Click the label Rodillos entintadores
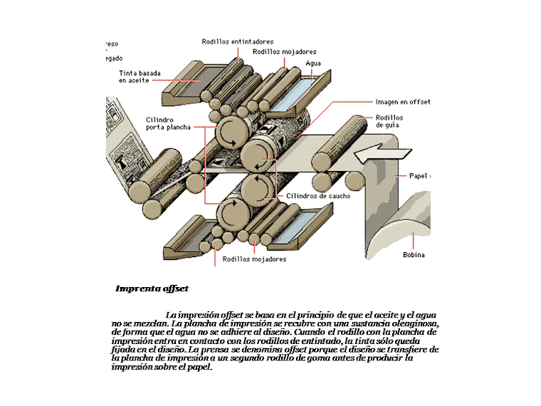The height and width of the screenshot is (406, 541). (237, 42)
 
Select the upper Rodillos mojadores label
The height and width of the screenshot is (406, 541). (284, 52)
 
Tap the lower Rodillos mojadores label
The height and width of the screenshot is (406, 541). (254, 259)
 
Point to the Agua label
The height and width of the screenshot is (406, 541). (312, 63)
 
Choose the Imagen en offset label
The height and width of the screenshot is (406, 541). (402, 102)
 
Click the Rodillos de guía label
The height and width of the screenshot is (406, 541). (389, 121)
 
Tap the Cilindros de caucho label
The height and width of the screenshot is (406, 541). (318, 196)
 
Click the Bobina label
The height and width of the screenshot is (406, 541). (414, 255)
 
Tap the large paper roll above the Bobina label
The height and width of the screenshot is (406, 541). (409, 221)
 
